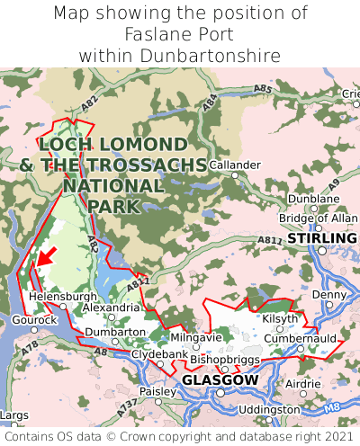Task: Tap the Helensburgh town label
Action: pos(62,296)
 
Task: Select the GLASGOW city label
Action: pos(220,380)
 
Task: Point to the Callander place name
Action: pos(235,165)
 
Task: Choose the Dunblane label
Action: pos(319,199)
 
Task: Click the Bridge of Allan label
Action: pos(311,219)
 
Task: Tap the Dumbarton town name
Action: pos(115,332)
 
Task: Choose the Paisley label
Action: pos(158,392)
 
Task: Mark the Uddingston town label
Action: pos(270,409)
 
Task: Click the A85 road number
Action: pos(262,88)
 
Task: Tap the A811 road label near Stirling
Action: pos(269,241)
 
